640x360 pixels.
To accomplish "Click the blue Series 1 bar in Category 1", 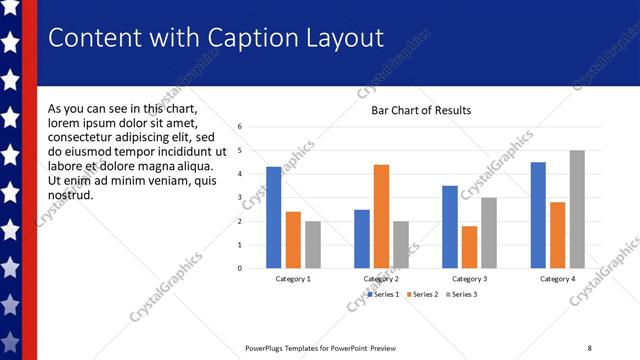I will pyautogui.click(x=273, y=217).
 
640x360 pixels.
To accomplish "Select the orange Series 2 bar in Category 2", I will pyautogui.click(x=381, y=216).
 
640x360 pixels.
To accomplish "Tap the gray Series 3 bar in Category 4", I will pyautogui.click(x=577, y=209).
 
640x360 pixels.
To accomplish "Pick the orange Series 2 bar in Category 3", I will pyautogui.click(x=469, y=247).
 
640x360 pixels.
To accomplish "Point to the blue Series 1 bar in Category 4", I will pyautogui.click(x=538, y=215).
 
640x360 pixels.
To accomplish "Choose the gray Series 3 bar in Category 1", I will pyautogui.click(x=313, y=244).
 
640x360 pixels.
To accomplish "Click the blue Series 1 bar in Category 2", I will pyautogui.click(x=361, y=239).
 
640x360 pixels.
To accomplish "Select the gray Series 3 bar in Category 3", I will pyautogui.click(x=489, y=232).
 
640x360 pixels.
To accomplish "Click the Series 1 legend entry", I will pyautogui.click(x=383, y=294).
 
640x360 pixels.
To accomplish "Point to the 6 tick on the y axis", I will pyautogui.click(x=241, y=127).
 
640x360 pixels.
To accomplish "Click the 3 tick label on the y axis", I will pyautogui.click(x=241, y=197).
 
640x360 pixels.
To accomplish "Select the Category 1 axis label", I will pyautogui.click(x=293, y=279).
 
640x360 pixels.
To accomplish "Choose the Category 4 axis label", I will pyautogui.click(x=558, y=279).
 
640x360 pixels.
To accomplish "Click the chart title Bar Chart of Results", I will pyautogui.click(x=421, y=110).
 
